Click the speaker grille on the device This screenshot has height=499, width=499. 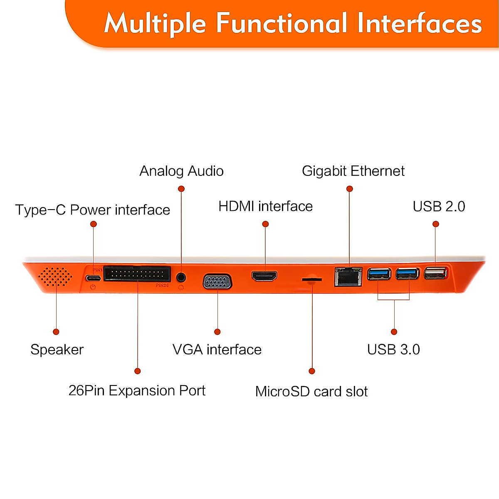(55, 277)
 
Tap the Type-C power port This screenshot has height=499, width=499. (94, 278)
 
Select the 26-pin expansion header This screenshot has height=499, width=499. (137, 274)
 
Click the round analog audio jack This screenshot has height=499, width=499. (181, 277)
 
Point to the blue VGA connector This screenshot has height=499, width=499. (217, 282)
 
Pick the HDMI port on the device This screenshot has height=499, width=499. (264, 276)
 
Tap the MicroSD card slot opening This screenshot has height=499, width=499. (312, 279)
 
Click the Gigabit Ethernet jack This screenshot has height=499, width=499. (348, 277)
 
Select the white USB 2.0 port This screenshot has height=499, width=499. (435, 273)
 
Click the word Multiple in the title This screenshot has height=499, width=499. (155, 23)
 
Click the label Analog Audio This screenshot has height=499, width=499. (181, 171)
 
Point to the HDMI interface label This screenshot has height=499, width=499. (265, 206)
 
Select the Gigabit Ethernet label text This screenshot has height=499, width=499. (353, 171)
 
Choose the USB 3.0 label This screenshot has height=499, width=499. (393, 349)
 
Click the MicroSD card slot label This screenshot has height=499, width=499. (311, 391)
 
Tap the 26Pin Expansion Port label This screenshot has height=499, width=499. (137, 390)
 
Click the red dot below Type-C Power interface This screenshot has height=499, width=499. (94, 224)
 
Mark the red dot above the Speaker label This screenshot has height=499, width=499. (56, 331)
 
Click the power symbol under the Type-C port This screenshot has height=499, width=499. (93, 287)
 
